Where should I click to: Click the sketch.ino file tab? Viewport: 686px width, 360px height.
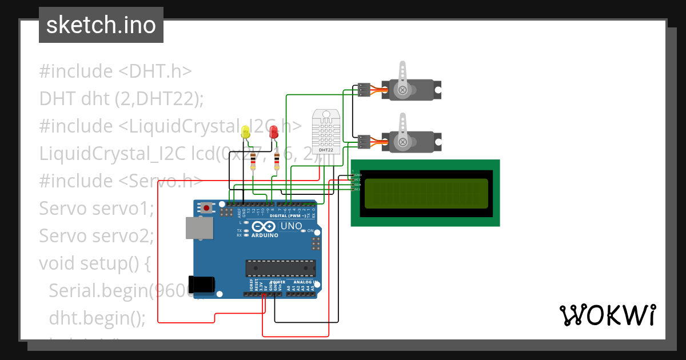[101, 25]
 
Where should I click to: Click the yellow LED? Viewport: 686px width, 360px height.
[246, 132]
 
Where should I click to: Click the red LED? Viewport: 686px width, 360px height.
[274, 132]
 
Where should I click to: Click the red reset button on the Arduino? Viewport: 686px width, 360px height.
[206, 208]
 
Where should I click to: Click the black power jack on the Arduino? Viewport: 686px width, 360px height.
[202, 284]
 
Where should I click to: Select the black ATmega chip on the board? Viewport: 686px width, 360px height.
[280, 268]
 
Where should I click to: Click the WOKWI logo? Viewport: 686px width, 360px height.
[607, 315]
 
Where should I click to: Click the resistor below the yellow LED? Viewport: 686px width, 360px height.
[253, 161]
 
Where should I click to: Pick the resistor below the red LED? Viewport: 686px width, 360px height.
[277, 161]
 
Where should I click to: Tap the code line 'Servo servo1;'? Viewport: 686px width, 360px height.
[97, 209]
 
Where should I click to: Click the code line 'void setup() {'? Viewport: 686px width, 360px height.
[94, 263]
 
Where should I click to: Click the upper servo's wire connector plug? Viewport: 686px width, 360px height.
[364, 90]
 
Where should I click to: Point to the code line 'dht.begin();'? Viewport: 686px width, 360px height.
[97, 318]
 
